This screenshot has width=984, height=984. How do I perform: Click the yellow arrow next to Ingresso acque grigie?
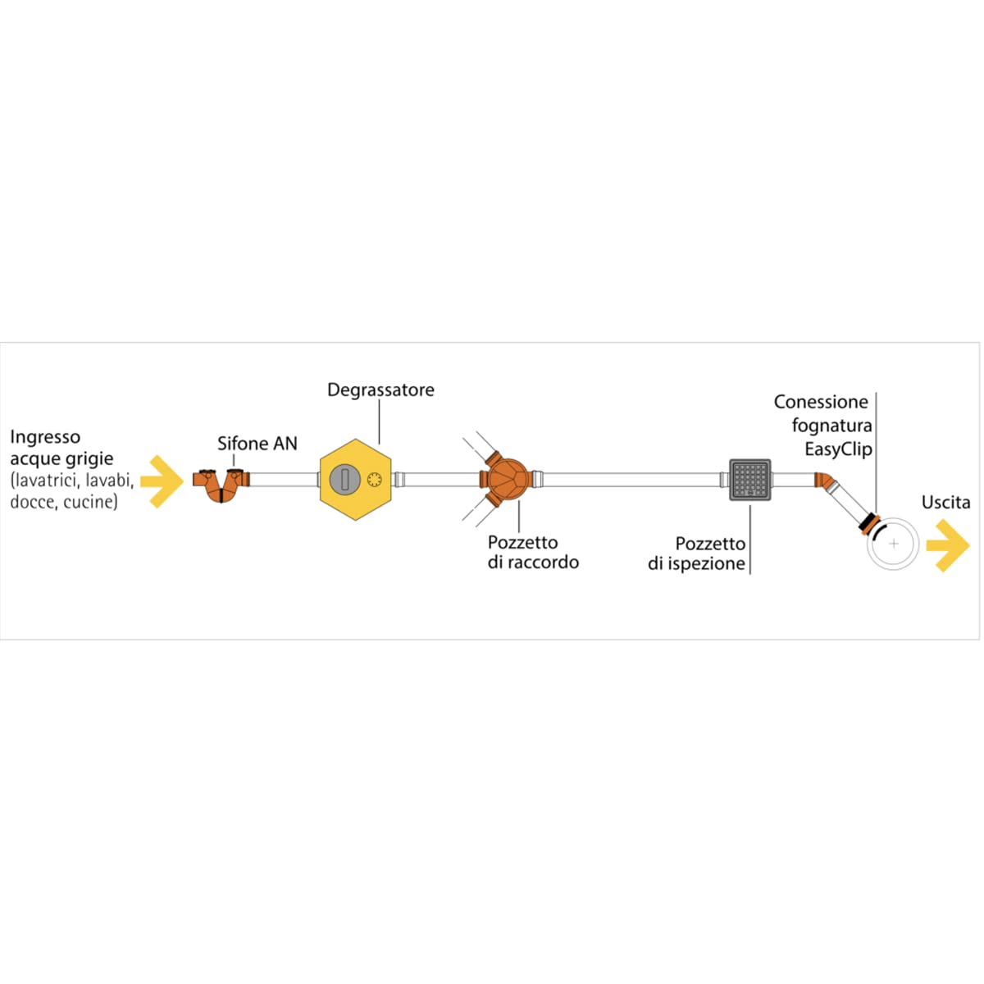[x=162, y=481]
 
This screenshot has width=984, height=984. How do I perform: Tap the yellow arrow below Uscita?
[x=948, y=545]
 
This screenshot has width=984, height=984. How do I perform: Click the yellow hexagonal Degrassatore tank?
[x=355, y=480]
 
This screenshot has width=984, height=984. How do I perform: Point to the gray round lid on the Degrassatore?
[x=345, y=480]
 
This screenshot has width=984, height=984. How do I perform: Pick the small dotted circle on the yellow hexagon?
[x=374, y=480]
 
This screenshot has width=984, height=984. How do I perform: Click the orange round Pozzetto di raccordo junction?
[x=508, y=480]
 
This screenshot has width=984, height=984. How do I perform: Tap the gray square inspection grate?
[x=750, y=480]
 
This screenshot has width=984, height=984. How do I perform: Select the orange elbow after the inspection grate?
[x=825, y=481]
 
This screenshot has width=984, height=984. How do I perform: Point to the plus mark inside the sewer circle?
[x=894, y=544]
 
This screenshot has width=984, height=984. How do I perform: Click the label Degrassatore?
[x=380, y=389]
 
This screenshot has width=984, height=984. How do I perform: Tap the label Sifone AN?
[x=257, y=444]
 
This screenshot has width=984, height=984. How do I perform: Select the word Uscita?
[x=945, y=503]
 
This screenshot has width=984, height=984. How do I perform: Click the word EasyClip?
[x=839, y=449]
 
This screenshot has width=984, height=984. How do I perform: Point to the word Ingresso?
[x=45, y=437]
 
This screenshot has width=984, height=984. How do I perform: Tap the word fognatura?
[x=831, y=426]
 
